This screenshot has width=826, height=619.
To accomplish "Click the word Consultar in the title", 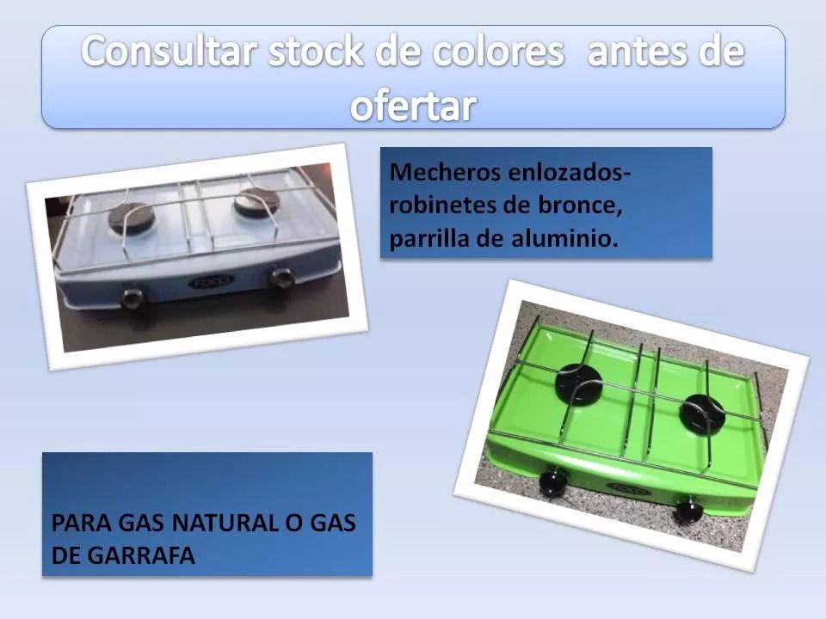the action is pyautogui.click(x=170, y=52).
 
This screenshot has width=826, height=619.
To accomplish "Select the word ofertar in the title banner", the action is pyautogui.click(x=414, y=107).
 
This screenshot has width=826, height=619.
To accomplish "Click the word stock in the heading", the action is pyautogui.click(x=316, y=52).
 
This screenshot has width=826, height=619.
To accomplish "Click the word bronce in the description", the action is pyautogui.click(x=579, y=205).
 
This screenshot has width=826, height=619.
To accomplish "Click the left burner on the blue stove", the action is pyautogui.click(x=131, y=217).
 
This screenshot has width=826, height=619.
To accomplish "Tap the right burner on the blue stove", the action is pyautogui.click(x=256, y=201).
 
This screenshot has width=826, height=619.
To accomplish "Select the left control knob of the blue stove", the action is pyautogui.click(x=132, y=298).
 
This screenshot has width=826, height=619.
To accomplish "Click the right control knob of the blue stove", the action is pyautogui.click(x=282, y=278).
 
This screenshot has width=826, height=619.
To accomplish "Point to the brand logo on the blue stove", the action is pyautogui.click(x=212, y=282).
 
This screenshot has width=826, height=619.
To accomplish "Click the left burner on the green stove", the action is pyautogui.click(x=579, y=383).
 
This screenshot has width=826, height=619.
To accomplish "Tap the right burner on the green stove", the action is pyautogui.click(x=702, y=412).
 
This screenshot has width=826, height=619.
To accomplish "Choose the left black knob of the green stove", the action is pyautogui.click(x=553, y=482).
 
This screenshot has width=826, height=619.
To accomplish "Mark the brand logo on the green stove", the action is pyautogui.click(x=628, y=489).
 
